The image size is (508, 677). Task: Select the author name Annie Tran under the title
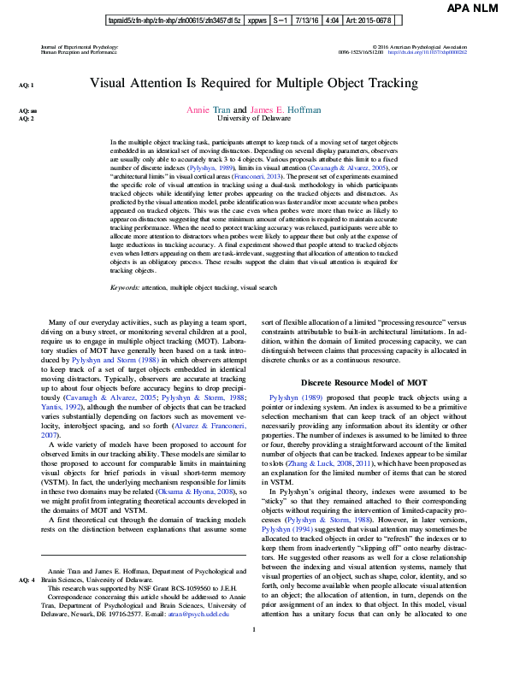[x=208, y=109]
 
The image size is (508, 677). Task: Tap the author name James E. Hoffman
[x=286, y=109]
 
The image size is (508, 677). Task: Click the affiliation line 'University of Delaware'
[x=254, y=119]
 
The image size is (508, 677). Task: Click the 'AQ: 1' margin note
[x=27, y=85]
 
